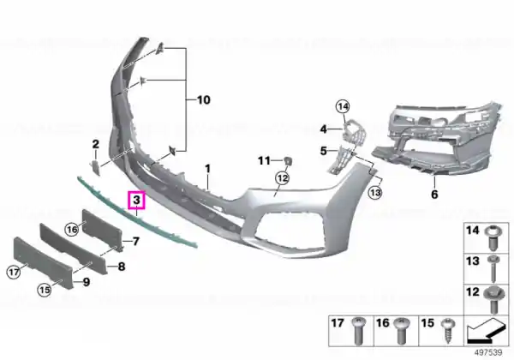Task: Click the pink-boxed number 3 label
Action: (x=136, y=200)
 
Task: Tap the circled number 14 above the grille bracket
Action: (x=343, y=106)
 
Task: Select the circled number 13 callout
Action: (x=375, y=193)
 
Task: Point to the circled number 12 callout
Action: (x=283, y=178)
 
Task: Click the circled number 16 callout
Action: (x=72, y=229)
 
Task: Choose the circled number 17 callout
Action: (x=14, y=272)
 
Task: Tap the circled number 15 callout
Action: (x=45, y=290)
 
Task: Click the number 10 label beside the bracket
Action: (x=203, y=99)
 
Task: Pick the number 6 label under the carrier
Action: (x=434, y=194)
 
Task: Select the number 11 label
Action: (x=264, y=160)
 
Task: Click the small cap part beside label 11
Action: (x=288, y=161)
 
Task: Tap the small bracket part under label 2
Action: (x=95, y=167)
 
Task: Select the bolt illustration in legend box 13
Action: (x=493, y=269)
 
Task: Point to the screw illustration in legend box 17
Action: (x=358, y=331)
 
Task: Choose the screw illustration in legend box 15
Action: (x=448, y=331)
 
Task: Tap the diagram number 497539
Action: (x=488, y=353)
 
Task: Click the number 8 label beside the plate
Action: (x=122, y=267)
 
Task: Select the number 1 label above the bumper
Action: (x=207, y=169)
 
